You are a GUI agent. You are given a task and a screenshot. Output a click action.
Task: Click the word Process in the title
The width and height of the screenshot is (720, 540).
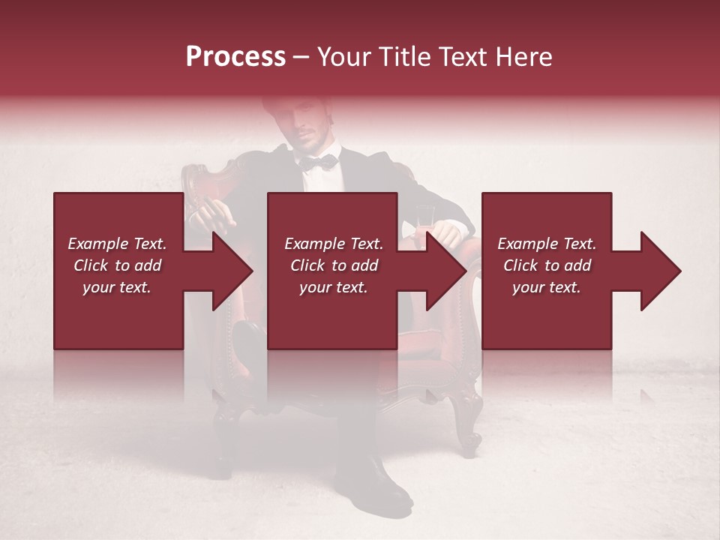235,57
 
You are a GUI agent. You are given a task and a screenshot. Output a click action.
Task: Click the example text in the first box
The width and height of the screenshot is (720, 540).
118,265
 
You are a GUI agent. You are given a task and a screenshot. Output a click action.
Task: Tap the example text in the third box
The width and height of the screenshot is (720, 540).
547,265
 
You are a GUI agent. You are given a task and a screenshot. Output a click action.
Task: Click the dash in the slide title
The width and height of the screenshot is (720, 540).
301,57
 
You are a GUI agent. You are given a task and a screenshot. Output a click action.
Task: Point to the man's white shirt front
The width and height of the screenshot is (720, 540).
319,180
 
